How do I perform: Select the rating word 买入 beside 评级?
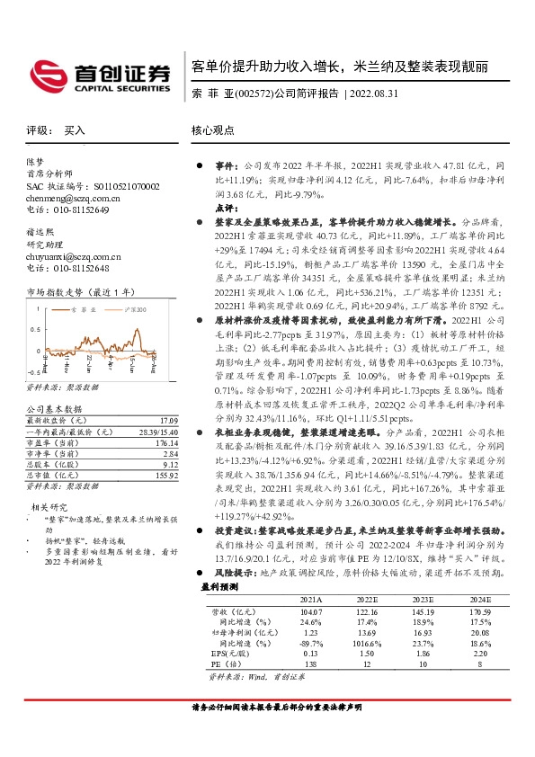point(75,130)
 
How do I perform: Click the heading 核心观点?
point(212,130)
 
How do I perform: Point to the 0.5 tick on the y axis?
point(34,330)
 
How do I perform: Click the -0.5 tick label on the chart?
point(32,370)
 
